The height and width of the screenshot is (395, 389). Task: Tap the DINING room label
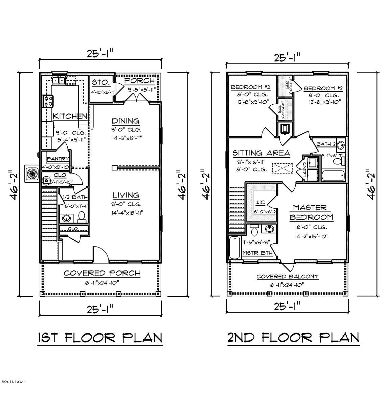pyautogui.click(x=126, y=121)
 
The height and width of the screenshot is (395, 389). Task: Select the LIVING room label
pyautogui.click(x=126, y=195)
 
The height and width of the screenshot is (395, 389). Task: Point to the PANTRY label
pyautogui.click(x=58, y=159)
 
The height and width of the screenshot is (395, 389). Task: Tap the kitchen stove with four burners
pyautogui.click(x=47, y=100)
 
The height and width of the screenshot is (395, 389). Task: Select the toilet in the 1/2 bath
pyautogui.click(x=82, y=216)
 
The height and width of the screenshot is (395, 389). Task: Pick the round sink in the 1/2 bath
pyautogui.click(x=67, y=218)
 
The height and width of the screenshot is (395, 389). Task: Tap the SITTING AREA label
pyautogui.click(x=261, y=153)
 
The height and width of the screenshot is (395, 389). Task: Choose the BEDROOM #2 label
pyautogui.click(x=323, y=88)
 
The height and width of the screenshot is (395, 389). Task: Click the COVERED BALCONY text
pyautogui.click(x=287, y=276)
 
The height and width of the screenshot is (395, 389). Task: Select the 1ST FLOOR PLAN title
pyautogui.click(x=99, y=338)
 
